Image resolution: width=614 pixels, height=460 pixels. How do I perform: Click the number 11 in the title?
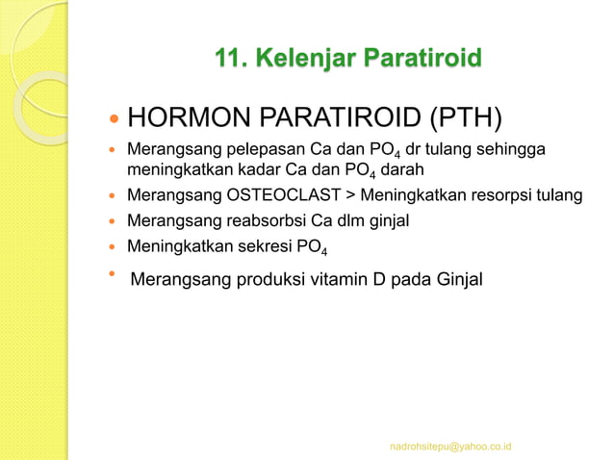[229, 61]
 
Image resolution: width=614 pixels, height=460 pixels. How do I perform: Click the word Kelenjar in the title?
[299, 61]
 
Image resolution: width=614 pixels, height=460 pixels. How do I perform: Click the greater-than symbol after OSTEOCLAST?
[351, 196]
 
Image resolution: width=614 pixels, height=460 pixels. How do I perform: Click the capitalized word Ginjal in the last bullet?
[457, 280]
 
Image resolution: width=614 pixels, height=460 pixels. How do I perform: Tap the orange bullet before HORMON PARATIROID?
[113, 121]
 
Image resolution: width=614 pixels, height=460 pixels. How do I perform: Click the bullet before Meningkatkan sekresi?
[113, 246]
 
